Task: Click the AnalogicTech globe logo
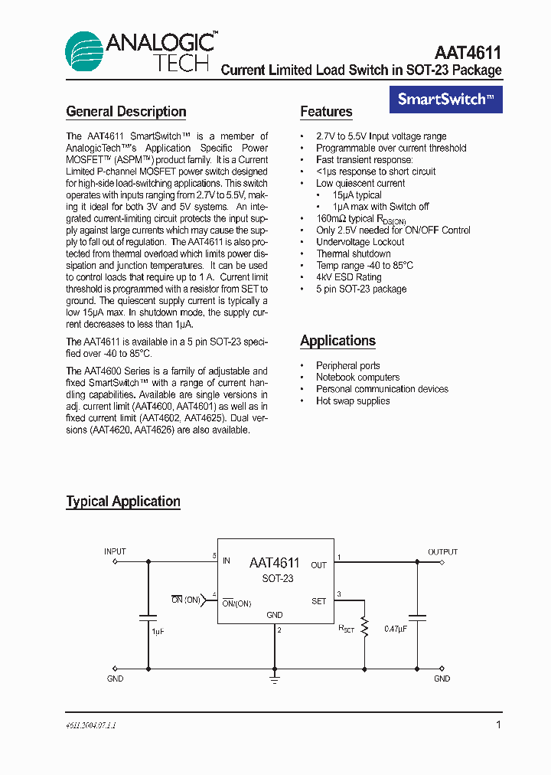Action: tap(85, 52)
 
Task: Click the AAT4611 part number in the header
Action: tap(468, 53)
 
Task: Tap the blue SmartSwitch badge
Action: tap(446, 99)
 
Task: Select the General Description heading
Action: tap(126, 112)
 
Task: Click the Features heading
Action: tap(326, 112)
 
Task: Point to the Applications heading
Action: tap(337, 341)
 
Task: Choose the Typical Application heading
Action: tap(123, 502)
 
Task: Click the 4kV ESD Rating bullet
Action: tap(348, 277)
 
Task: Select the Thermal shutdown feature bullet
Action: tap(354, 253)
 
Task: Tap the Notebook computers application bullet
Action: tap(357, 378)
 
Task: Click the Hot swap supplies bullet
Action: tap(353, 401)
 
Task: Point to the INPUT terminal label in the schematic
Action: tap(115, 551)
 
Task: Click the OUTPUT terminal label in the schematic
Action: tap(442, 551)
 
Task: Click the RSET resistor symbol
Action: tap(364, 628)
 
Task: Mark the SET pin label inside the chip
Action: tap(319, 601)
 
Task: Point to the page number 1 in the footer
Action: tap(498, 724)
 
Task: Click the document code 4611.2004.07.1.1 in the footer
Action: tap(91, 724)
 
